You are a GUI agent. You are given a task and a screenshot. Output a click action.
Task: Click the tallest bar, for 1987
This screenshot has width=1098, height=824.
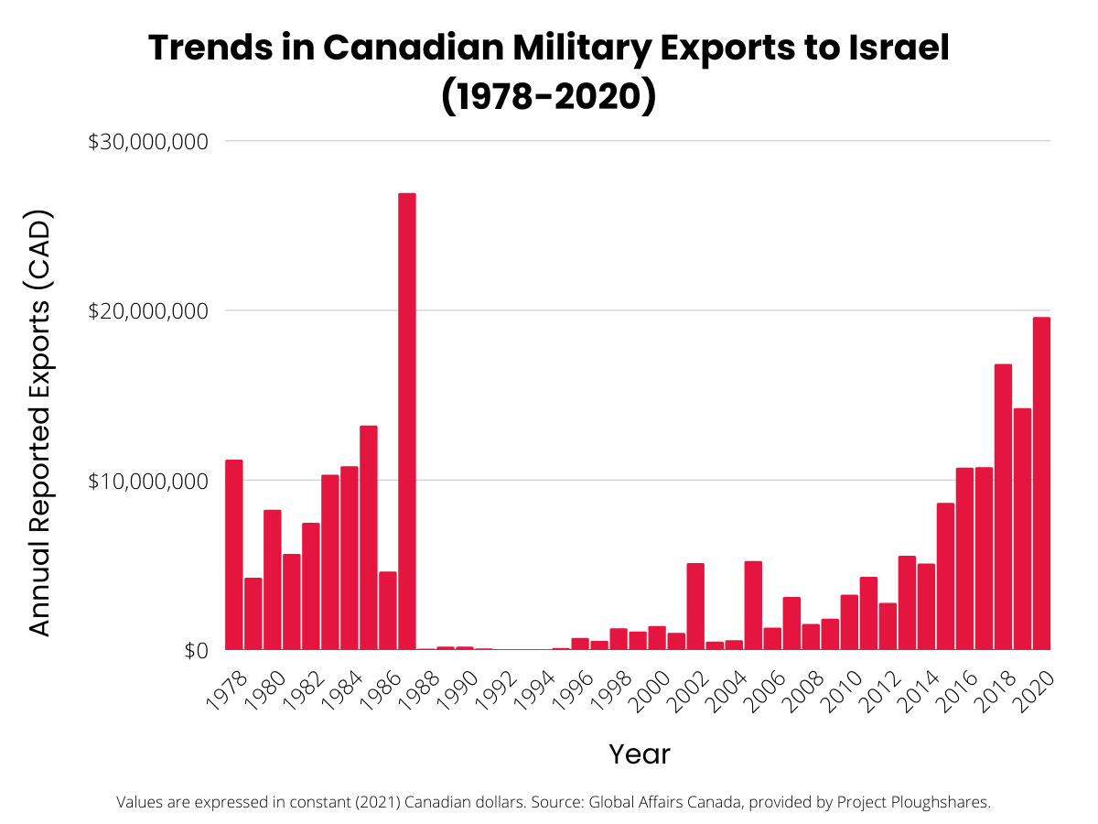coord(407,421)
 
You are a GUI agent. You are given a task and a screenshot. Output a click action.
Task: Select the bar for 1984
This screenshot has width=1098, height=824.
coord(350,558)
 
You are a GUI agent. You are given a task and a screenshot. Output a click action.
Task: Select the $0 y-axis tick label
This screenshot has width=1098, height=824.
coord(197,650)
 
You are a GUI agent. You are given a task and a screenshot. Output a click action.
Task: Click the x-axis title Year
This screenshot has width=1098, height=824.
coord(640,754)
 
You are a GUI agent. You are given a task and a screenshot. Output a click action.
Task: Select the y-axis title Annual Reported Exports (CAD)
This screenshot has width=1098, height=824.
coord(39,423)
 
